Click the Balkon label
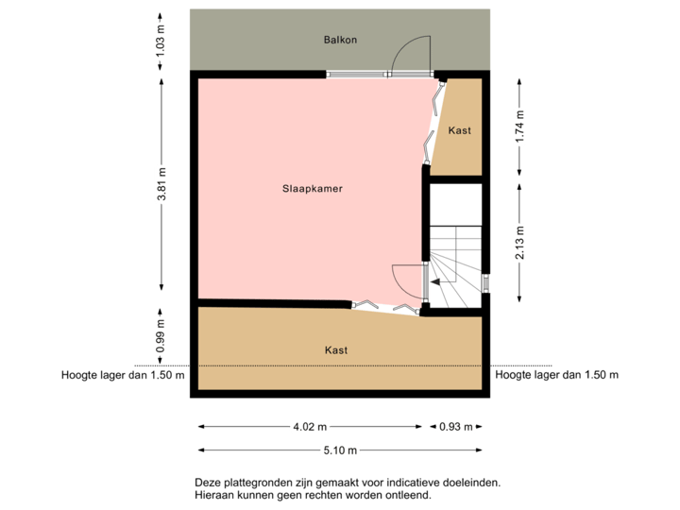coord(341,42)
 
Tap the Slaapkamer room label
coord(312,188)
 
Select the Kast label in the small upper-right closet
coord(460,129)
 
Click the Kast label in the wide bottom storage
coord(335,349)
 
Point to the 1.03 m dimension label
coord(161,42)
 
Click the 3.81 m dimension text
coord(161,184)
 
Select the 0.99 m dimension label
coord(161,335)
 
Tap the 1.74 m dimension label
coord(518,127)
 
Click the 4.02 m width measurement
coord(310,426)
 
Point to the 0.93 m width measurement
coord(451,426)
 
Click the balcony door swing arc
coord(412,52)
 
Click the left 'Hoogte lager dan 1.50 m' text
coord(123,374)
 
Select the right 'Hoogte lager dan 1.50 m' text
coord(556,374)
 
